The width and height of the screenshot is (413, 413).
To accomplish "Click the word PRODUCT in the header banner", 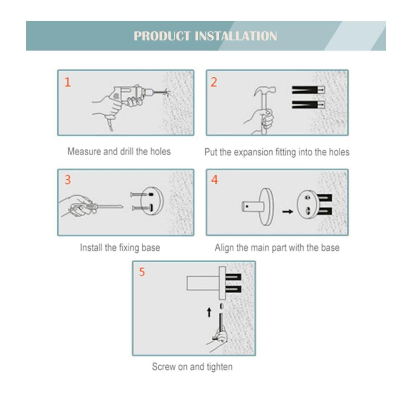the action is coord(162,36).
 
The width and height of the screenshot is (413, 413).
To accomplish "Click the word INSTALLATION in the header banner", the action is coord(236,36).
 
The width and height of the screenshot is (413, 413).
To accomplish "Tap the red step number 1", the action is coord(68,82).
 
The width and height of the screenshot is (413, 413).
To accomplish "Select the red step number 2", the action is coord(214,82).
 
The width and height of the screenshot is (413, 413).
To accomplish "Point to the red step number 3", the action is coord(68,180).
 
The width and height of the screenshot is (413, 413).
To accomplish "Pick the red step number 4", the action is coord(214,180).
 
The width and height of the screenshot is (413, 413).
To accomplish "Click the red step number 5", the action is coord(142,272).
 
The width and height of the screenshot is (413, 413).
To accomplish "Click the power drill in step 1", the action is coord(132,95).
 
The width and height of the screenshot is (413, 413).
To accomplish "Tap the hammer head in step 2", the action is coord(265,91).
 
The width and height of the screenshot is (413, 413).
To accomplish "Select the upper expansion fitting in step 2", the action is coord(308,90).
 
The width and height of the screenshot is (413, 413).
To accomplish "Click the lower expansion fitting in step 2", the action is coord(308,105).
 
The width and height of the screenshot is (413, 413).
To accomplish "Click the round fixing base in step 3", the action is coord(152,202).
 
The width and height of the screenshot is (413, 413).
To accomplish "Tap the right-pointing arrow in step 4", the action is coord(287,211).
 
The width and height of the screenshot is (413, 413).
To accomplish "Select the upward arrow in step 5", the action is coord(209,312).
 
